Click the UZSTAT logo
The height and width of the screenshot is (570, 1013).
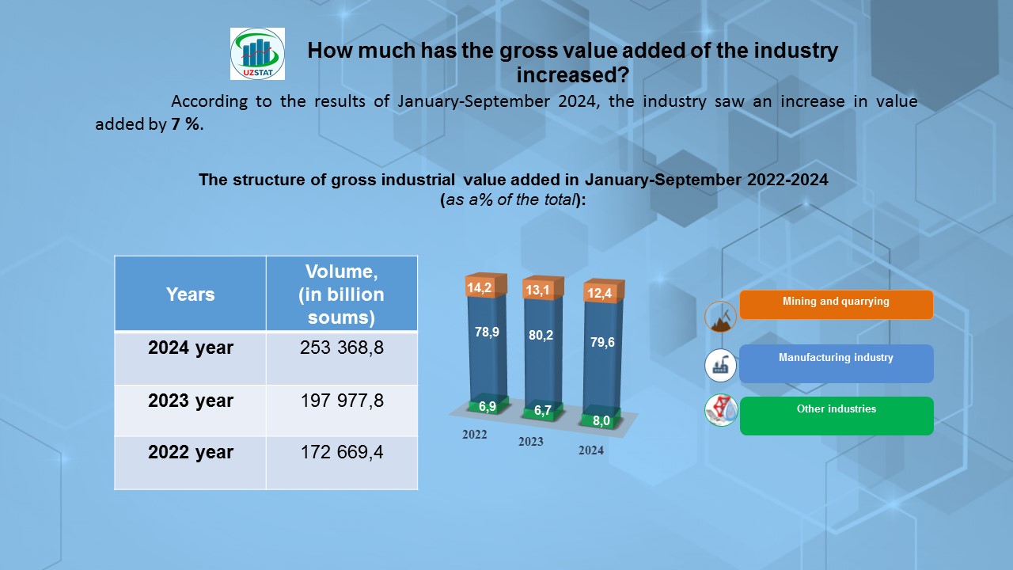point(257,54)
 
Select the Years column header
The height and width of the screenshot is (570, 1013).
point(190,294)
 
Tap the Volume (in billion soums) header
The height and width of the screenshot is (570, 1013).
point(341,294)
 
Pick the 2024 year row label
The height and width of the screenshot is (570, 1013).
point(190,348)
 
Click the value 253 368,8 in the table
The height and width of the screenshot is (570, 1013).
point(341,348)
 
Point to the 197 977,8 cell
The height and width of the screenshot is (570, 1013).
point(341,401)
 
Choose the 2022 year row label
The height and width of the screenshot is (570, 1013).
point(190,452)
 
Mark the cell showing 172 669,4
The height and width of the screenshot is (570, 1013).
point(341,452)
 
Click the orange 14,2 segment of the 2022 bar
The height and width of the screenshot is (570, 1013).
point(480,288)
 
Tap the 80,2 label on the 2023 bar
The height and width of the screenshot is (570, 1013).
point(541,335)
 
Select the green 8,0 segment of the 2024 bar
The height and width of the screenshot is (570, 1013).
point(601,420)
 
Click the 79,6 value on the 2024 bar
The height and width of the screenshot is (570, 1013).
point(602,342)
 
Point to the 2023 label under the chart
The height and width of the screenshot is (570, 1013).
point(531,442)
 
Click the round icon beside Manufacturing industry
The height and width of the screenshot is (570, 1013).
point(721,365)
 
